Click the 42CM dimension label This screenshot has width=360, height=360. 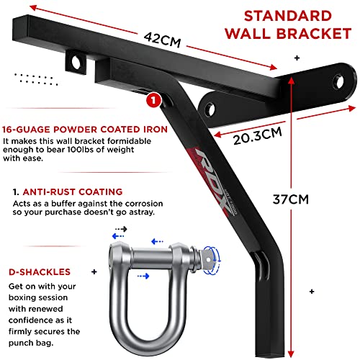tap(162, 40)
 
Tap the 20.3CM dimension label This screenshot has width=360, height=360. tap(258, 136)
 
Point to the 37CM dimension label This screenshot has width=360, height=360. tap(291, 199)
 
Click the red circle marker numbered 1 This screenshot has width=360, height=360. tap(153, 100)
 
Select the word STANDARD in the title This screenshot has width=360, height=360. tap(288, 16)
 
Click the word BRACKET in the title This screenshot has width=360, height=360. tap(314, 33)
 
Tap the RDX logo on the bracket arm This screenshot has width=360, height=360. tap(211, 181)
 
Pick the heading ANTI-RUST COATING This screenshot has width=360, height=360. tap(73, 192)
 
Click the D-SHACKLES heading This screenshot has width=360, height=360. tap(40, 272)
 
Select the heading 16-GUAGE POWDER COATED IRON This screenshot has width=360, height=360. tap(85, 130)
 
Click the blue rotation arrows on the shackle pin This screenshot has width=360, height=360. tap(212, 260)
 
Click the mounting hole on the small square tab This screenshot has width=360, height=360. tap(76, 62)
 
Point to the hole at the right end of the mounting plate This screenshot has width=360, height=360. tap(339, 82)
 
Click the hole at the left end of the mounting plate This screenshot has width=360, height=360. tap(210, 109)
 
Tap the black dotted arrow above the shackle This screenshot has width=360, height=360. tap(121, 229)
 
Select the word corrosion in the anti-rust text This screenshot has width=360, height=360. tap(144, 204)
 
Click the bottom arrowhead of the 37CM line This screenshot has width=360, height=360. tap(291, 354)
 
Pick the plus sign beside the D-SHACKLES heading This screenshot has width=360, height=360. tap(94, 271)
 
